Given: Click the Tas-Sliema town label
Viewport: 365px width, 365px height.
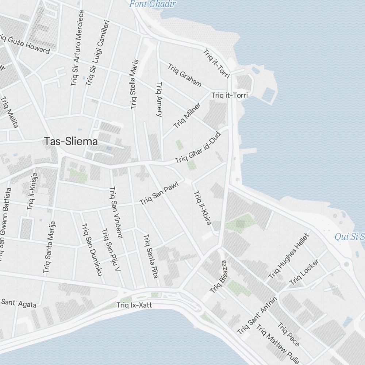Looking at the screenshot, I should click(x=71, y=141).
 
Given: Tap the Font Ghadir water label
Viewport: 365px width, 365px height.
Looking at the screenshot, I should click(x=153, y=4).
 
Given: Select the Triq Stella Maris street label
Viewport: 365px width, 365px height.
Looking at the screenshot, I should click(x=134, y=84).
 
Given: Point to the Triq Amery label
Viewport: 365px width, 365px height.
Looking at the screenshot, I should click(x=159, y=99).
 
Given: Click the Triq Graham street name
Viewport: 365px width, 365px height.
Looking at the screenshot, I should click(x=185, y=76).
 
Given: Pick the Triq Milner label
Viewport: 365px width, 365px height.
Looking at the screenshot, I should click(x=187, y=116).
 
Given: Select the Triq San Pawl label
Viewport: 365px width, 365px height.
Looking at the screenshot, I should click(x=160, y=194).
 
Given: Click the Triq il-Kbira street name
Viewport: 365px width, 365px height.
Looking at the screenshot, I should click(x=202, y=208).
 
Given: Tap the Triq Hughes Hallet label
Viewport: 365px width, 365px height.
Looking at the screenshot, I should click(x=289, y=256).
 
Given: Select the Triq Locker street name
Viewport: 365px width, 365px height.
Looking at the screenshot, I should click(x=304, y=272).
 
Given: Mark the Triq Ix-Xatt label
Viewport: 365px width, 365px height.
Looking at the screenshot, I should click(x=134, y=305).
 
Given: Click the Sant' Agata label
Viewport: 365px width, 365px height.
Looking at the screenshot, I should click(x=19, y=303).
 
